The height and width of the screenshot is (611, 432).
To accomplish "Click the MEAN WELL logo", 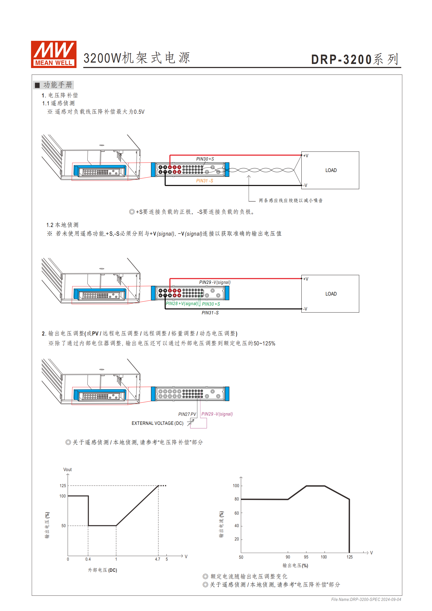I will pos(54,54).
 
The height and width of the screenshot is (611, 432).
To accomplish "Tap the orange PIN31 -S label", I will pos(205,181).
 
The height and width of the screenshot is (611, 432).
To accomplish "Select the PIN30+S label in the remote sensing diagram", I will pos(205,159).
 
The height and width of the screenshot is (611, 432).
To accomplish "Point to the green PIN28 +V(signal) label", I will pos(182,303).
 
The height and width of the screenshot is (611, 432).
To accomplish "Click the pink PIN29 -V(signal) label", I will pos(217,414).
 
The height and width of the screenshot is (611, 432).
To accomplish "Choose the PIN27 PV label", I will pos(187,414).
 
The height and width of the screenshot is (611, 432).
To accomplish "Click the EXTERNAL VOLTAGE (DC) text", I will pos(157,423).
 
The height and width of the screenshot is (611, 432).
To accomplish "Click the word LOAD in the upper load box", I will pos(331,170).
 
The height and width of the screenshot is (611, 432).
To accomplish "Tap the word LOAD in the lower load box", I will pos(331,294).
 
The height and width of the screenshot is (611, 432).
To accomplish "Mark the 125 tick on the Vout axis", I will pos(63,486).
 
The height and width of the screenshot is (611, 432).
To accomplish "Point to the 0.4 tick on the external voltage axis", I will pos(88,559).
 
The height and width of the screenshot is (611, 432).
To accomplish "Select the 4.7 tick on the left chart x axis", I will pos(158,559).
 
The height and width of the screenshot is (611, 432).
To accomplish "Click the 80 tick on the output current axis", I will pos(237,499).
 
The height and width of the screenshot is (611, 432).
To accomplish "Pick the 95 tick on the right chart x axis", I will pos(306,557).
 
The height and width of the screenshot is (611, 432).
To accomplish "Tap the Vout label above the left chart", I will pos(68,469).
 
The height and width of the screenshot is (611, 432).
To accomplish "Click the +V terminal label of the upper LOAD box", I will pos(306,156).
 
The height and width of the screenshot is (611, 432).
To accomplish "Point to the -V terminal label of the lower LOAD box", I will pos(305,309).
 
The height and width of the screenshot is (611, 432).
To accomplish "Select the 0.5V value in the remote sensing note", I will pos(139,112).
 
